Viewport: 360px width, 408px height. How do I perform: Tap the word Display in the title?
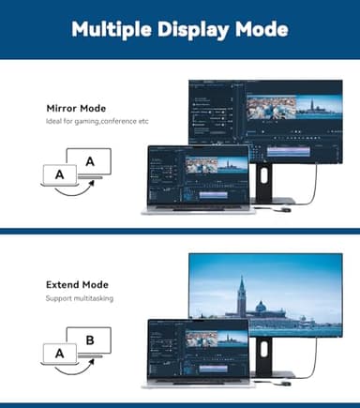pyautogui.click(x=194, y=30)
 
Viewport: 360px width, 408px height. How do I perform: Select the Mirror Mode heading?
pyautogui.click(x=77, y=108)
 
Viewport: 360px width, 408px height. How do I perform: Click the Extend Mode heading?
pyautogui.click(x=77, y=284)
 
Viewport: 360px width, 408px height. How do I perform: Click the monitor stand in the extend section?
pyautogui.click(x=268, y=357)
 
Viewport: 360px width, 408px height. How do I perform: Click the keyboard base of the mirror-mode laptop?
pyautogui.click(x=197, y=209)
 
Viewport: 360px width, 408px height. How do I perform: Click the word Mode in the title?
pyautogui.click(x=259, y=30)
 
